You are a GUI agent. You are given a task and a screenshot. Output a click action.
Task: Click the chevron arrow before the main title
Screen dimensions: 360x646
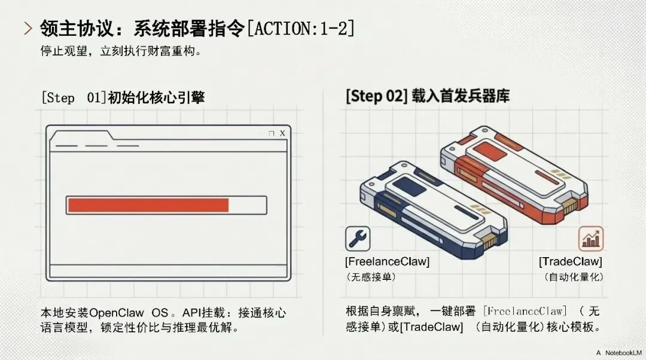(28, 28)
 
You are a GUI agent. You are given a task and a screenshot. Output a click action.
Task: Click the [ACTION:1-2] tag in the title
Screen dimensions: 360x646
(300, 28)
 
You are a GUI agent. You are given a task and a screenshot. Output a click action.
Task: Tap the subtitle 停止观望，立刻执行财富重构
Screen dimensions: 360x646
(120, 51)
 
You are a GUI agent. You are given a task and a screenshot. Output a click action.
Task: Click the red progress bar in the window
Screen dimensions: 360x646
(148, 205)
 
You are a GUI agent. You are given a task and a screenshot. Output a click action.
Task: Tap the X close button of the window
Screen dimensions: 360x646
(282, 133)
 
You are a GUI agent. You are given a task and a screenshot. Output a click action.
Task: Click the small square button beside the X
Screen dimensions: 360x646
(272, 133)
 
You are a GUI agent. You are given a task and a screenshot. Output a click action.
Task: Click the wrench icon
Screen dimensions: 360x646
(358, 239)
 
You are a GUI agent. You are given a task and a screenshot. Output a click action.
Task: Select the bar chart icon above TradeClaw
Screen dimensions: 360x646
(590, 239)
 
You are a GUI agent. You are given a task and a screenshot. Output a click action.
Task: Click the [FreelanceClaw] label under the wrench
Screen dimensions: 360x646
(387, 262)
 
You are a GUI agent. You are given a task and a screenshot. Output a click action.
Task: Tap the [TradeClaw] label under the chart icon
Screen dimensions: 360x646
(570, 262)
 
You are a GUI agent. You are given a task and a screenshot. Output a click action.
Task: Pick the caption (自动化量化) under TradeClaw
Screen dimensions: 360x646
(574, 277)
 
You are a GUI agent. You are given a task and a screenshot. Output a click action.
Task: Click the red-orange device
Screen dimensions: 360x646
(514, 173)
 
